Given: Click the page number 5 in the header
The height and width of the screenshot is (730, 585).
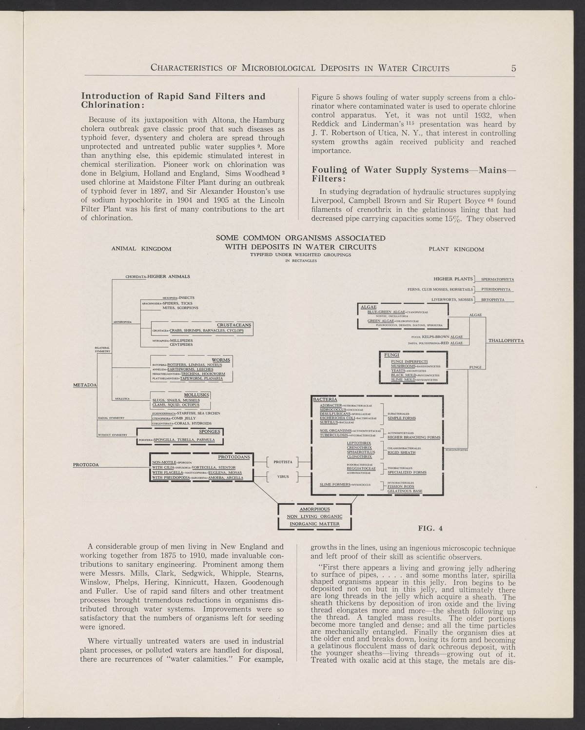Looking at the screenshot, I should pos(513,68).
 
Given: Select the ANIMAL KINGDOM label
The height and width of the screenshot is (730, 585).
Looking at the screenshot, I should pos(141,249).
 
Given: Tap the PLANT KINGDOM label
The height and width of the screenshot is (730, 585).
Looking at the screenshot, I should pos(456,250).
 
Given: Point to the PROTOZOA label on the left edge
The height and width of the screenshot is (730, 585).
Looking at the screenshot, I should pos(86,465).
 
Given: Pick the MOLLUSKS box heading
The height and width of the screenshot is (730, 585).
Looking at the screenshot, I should pos(196,395).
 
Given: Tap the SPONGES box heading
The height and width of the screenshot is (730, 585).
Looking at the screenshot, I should pos(211,432).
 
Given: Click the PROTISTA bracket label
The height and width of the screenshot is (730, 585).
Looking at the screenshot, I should pos(283,461).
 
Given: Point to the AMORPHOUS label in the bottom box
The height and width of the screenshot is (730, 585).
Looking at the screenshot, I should pos(314,509).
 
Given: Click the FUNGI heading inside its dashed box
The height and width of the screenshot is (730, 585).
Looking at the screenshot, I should pos(391,355).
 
